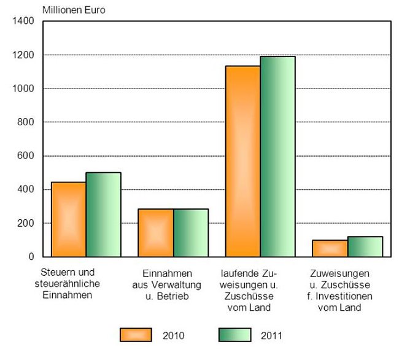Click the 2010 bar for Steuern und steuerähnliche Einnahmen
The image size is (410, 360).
coord(68,219)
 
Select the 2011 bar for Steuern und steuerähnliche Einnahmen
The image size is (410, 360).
coord(103,214)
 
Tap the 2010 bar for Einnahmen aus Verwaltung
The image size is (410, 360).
coord(155,233)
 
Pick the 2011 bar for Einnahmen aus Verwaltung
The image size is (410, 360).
coord(191,233)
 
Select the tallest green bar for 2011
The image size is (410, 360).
coord(278,157)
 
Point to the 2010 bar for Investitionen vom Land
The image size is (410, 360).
coord(330,248)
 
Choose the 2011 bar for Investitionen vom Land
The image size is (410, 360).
coord(365,246)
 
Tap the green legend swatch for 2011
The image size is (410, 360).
coord(234,335)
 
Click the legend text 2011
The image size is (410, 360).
coord(272,335)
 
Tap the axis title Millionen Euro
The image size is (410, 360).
coord(73,10)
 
